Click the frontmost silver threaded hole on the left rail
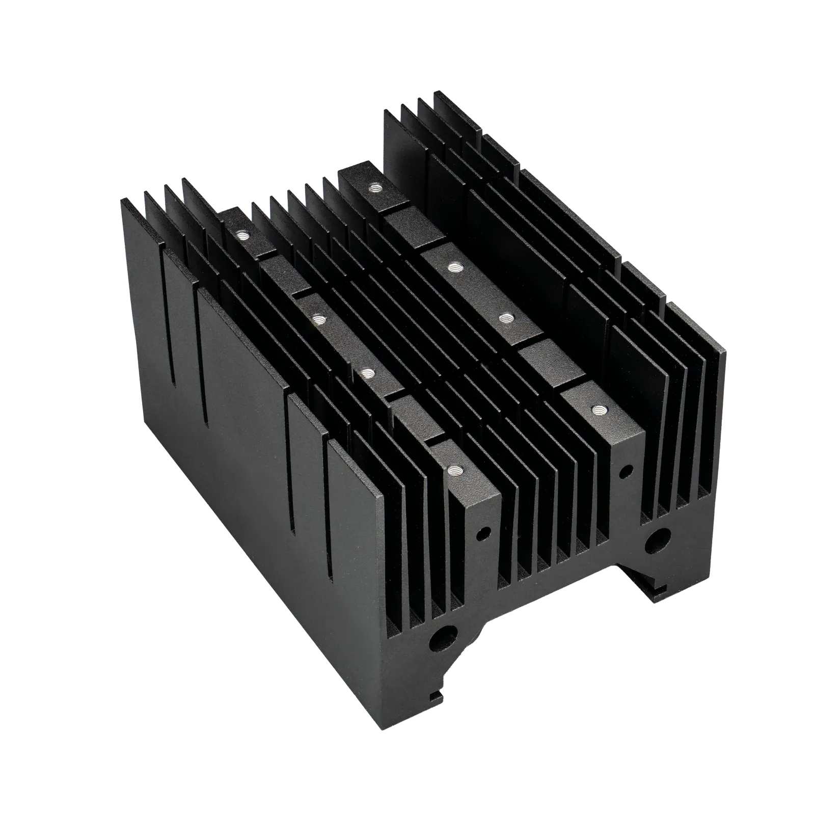pos(453,471)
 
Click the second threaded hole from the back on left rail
pos(319,319)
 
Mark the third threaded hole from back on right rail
pos(504,318)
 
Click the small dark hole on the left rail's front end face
pos(481,534)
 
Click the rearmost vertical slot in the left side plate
pos(175,357)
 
